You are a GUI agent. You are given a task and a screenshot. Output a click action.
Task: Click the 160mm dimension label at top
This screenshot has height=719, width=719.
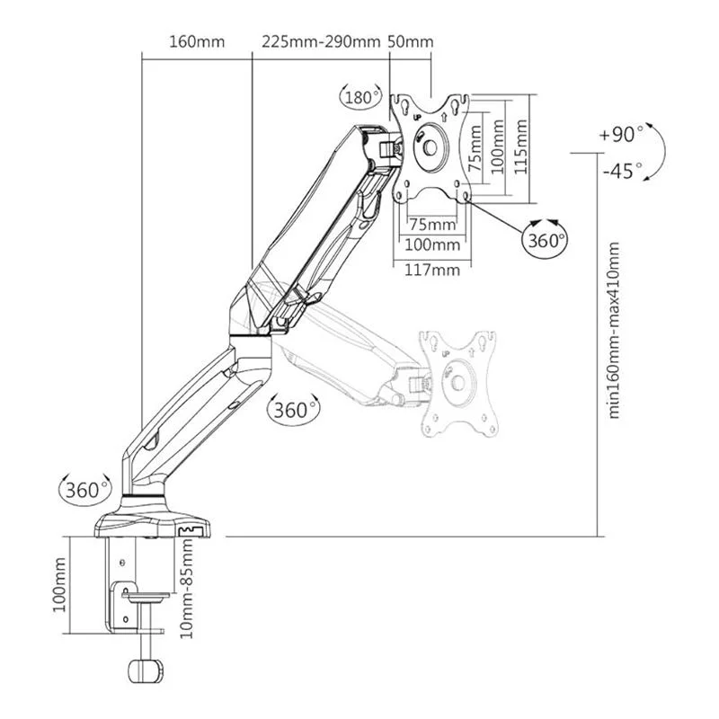pyautogui.click(x=197, y=41)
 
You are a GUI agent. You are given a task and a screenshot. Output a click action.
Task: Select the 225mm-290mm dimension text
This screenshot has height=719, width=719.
pyautogui.click(x=321, y=41)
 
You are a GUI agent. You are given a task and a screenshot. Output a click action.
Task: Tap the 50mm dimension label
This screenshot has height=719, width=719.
pyautogui.click(x=411, y=41)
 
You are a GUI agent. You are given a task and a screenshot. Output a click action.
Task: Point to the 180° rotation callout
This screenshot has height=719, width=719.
pyautogui.click(x=361, y=97)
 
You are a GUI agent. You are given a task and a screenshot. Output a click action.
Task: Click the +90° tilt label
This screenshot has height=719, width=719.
pyautogui.click(x=621, y=134)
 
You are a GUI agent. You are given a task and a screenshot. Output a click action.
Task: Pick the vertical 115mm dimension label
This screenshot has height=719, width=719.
pyautogui.click(x=520, y=146)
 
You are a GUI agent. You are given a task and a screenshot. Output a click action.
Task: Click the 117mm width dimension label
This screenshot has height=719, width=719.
pyautogui.click(x=432, y=270)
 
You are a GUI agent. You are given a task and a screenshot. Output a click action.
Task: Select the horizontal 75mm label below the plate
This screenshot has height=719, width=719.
pyautogui.click(x=432, y=225)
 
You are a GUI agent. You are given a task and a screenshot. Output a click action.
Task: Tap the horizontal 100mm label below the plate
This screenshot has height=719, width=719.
pyautogui.click(x=432, y=244)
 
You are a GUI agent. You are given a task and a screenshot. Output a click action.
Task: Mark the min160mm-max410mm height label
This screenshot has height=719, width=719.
pyautogui.click(x=614, y=330)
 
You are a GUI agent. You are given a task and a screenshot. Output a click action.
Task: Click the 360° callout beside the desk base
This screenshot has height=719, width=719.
pyautogui.click(x=85, y=490)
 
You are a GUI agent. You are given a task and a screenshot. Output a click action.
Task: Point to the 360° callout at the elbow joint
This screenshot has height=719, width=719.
pyautogui.click(x=294, y=410)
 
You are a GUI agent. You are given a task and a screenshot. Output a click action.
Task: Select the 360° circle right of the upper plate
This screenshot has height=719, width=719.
pyautogui.click(x=545, y=239)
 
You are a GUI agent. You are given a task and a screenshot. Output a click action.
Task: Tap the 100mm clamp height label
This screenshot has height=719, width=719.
pyautogui.click(x=59, y=585)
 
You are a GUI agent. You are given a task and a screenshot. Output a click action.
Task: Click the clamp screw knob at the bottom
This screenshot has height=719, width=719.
pyautogui.click(x=145, y=671)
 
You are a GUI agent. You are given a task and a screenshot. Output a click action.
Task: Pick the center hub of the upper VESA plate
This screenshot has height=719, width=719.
pyautogui.click(x=431, y=147)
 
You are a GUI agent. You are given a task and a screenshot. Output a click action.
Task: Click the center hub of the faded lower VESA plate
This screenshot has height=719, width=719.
pyautogui.click(x=458, y=381)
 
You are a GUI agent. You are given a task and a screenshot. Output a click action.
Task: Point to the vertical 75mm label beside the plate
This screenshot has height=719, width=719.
pyautogui.click(x=475, y=148)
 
